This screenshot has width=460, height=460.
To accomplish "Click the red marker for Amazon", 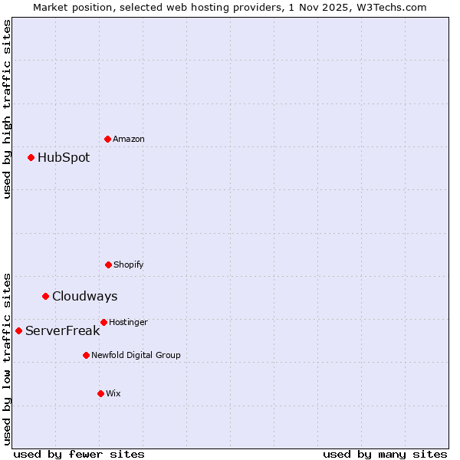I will [x=107, y=139].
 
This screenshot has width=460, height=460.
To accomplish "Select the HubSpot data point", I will [x=31, y=157].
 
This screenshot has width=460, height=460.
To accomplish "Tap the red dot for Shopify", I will [x=108, y=264].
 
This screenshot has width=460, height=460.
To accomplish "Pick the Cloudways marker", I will [x=45, y=296].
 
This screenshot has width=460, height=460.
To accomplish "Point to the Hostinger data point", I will [x=103, y=322].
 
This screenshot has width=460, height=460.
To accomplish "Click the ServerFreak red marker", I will [x=18, y=330].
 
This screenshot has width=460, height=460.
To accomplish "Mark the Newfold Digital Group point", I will [x=86, y=355].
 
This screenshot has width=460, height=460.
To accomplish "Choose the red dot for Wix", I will [x=100, y=393].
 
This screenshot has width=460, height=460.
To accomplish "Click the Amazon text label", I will [x=129, y=140].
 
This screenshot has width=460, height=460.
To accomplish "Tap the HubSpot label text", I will [x=64, y=158].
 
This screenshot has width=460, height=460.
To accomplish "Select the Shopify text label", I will [x=129, y=265].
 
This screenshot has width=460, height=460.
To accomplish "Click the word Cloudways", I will [x=84, y=297].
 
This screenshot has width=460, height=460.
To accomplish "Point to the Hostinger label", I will [x=128, y=323].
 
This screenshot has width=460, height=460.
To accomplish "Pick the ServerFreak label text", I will [x=62, y=331].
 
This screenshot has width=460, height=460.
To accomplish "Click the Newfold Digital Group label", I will [x=136, y=356].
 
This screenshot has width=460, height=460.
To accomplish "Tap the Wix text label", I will [x=113, y=394].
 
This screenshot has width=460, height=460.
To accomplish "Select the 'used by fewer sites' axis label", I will [x=79, y=454].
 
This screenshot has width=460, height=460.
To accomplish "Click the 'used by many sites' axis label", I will [x=385, y=454].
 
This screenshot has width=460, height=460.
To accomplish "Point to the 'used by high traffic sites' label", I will [x=7, y=109].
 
